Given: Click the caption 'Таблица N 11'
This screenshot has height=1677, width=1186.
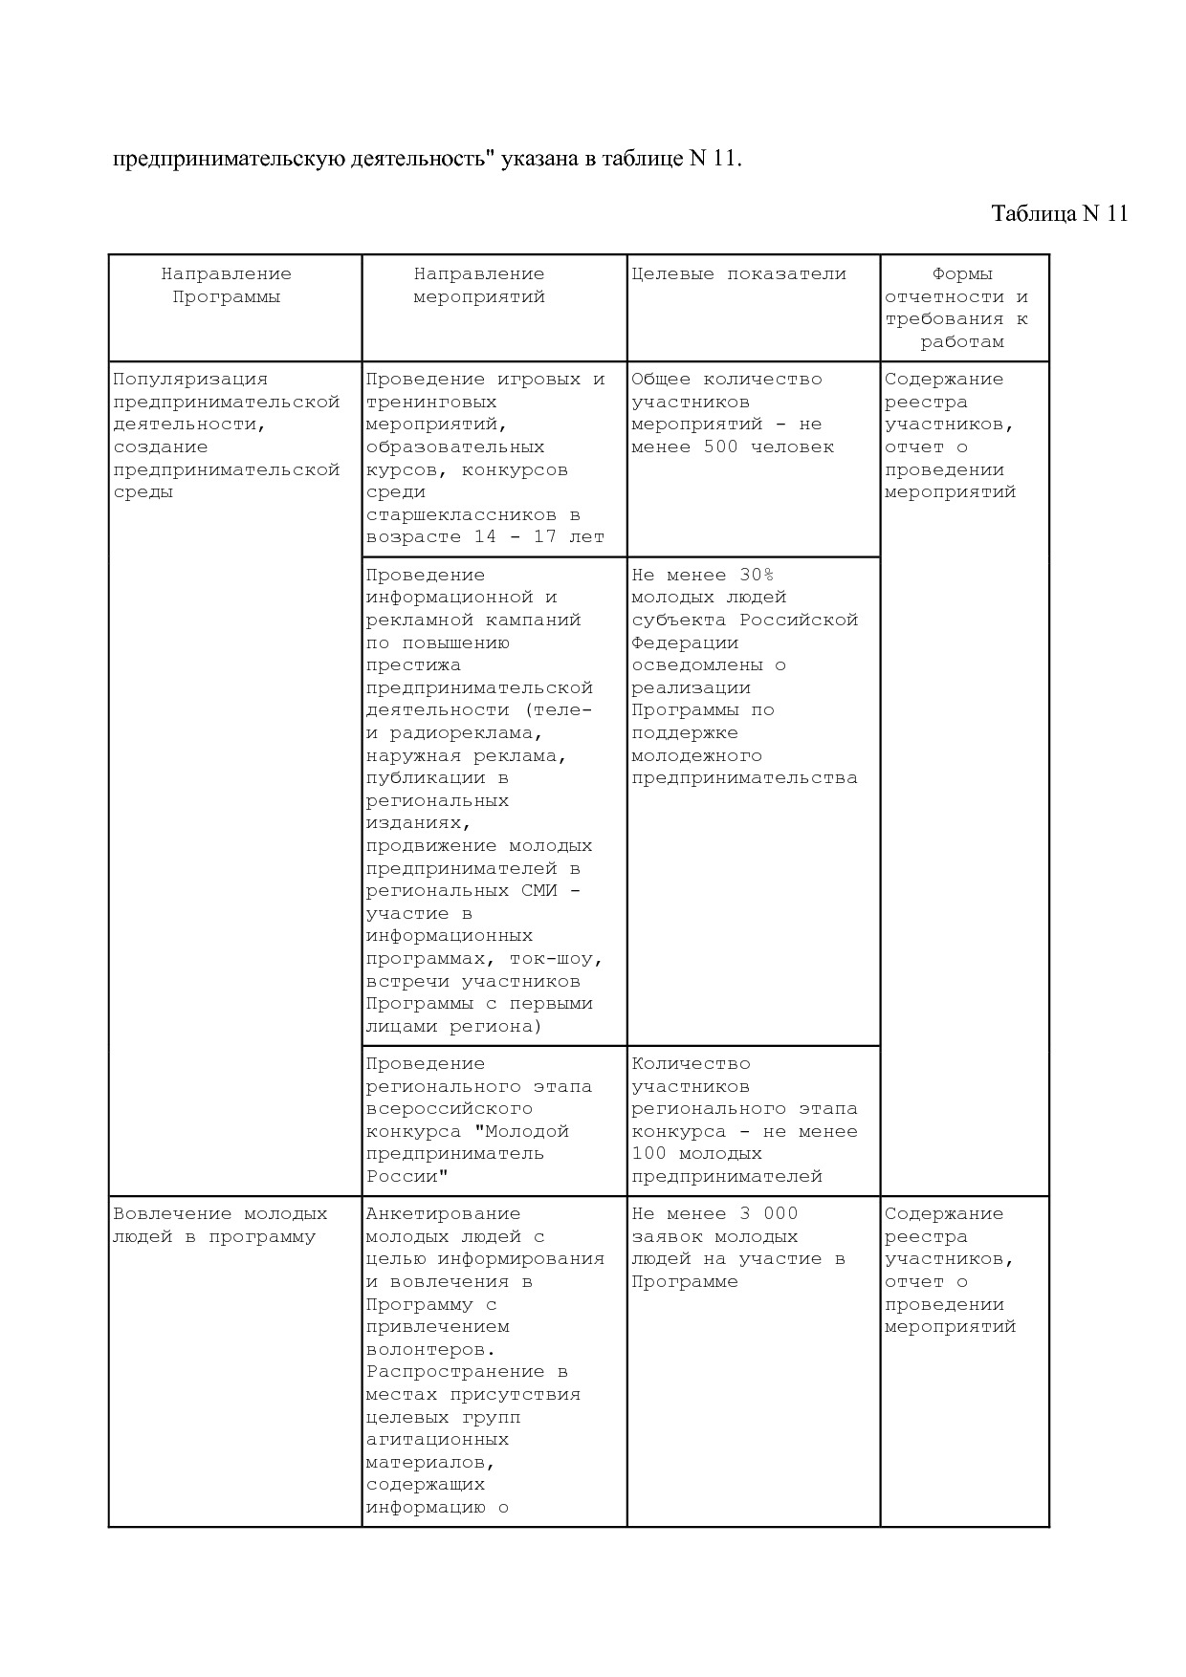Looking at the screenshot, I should pos(1060,213).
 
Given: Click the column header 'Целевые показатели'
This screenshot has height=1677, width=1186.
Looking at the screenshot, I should pos(738,274).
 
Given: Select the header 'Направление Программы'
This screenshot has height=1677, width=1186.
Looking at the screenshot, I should pos(227,286).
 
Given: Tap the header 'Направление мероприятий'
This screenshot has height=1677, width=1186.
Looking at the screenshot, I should pos(479,286).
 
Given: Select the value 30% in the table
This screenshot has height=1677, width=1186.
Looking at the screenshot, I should pos(757,576).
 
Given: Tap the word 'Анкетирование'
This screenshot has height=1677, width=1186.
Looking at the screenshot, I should pos(443,1214).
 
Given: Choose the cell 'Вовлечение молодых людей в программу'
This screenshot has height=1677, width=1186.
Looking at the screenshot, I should pos(220,1226).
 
